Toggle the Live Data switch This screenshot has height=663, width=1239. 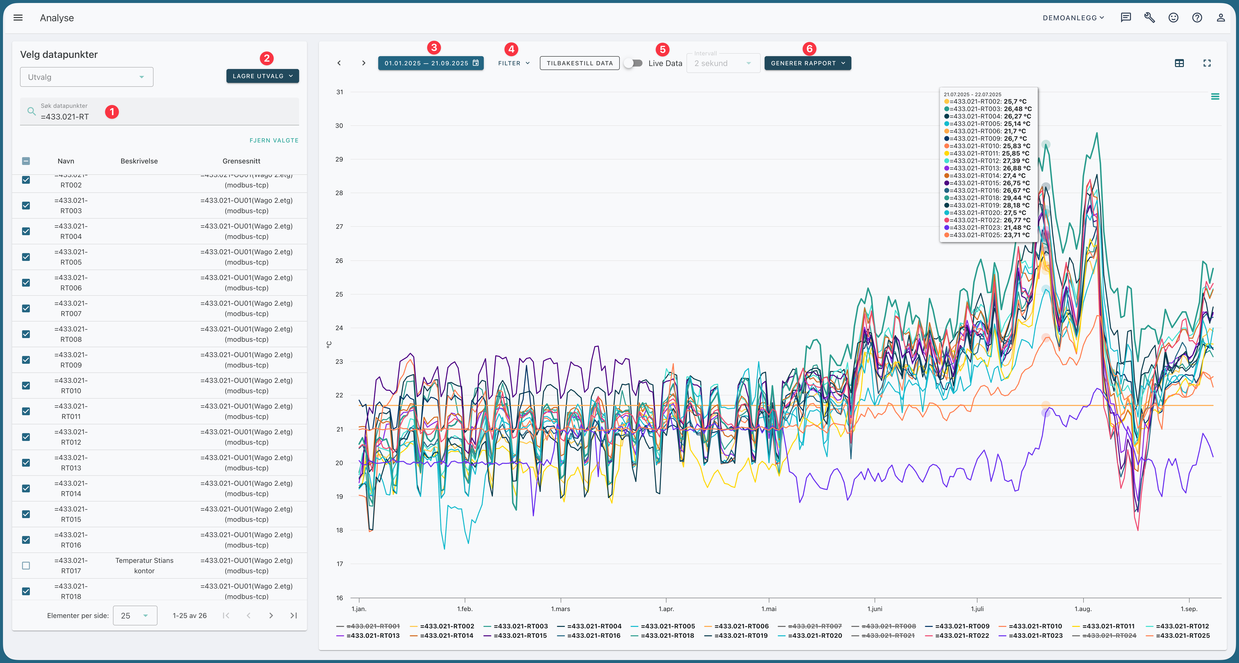pos(633,63)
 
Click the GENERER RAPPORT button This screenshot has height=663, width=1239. pos(808,63)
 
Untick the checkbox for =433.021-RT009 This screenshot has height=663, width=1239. pos(26,360)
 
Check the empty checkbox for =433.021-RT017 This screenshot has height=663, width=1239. pos(26,566)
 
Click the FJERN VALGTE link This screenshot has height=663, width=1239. pos(274,140)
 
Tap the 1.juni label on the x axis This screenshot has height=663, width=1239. pos(874,609)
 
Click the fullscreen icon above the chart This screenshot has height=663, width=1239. pos(1207,63)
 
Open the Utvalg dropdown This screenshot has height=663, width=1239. pos(87,77)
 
